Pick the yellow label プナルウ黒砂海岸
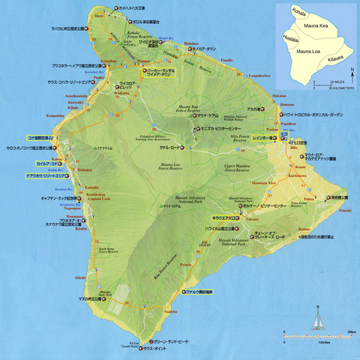click(x=193, y=291)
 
